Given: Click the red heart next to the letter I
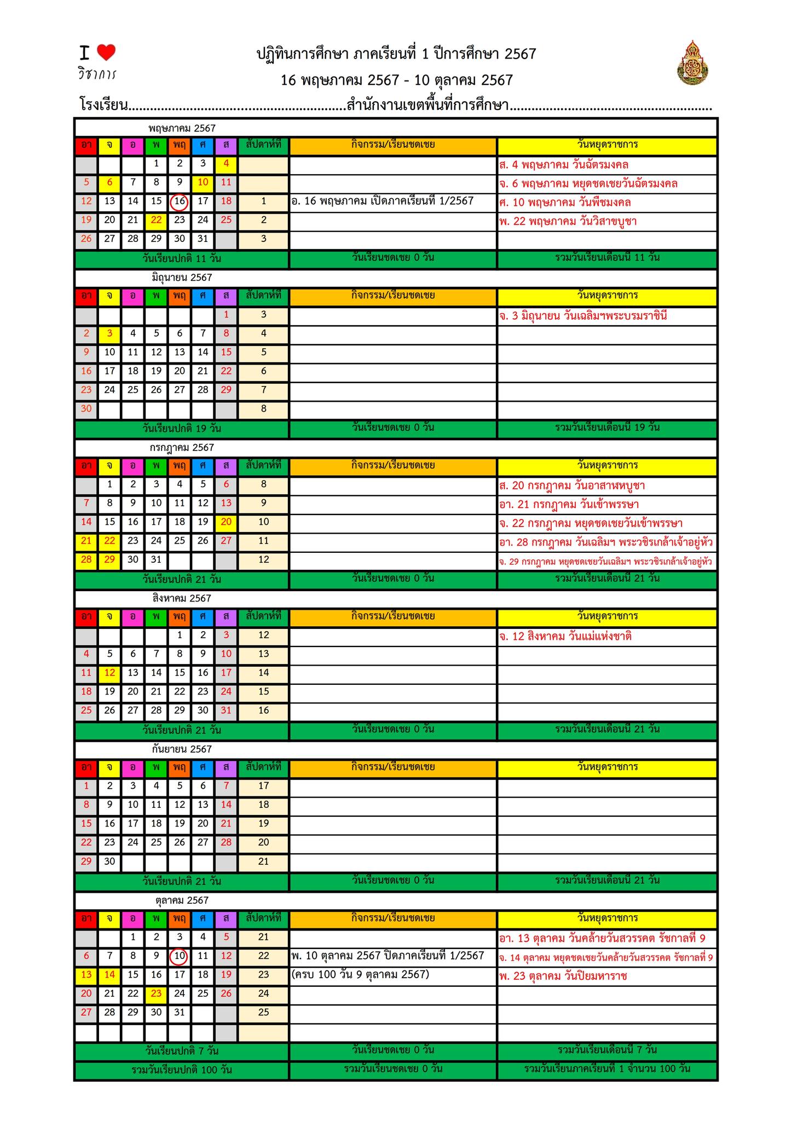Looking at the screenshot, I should (x=106, y=53).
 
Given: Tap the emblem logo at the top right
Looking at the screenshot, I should (x=692, y=63).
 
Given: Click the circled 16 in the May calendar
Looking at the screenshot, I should (x=180, y=202).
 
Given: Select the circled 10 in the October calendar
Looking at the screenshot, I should (x=180, y=956).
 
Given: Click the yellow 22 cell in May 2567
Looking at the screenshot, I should (x=157, y=221).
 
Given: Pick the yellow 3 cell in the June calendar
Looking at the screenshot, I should (x=110, y=333).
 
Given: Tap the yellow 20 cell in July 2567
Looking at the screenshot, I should (x=226, y=522).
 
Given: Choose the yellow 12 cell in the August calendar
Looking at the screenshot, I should (x=110, y=673).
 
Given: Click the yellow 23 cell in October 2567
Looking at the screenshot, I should (x=157, y=993).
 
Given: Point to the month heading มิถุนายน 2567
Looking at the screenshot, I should (x=182, y=278).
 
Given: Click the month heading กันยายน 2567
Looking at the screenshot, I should (x=182, y=749).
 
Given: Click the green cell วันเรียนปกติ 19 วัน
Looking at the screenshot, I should (x=182, y=428).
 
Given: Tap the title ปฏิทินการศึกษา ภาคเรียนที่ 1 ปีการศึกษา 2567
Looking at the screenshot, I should (x=396, y=54).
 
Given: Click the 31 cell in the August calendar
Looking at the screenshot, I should (x=226, y=710).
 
